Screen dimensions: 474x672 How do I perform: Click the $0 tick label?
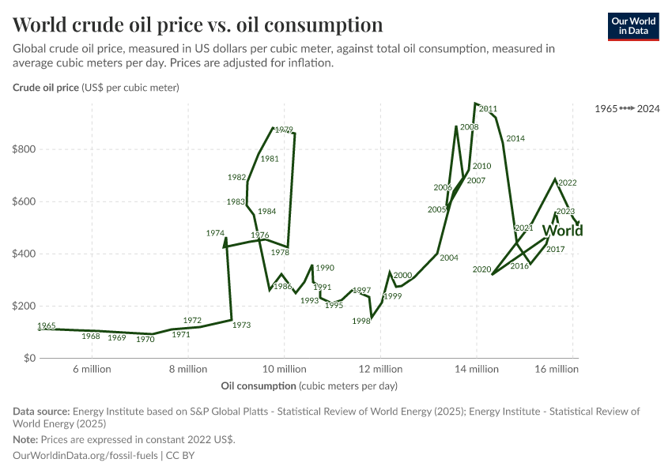30,358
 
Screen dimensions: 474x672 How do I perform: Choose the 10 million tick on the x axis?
284,369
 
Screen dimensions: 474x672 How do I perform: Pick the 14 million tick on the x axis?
477,369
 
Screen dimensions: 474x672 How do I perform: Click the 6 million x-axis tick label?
92,369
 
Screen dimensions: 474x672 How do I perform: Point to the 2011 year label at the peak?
488,109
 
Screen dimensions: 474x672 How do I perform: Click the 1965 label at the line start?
47,325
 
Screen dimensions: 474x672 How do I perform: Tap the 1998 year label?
362,321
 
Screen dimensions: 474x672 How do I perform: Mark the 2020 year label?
482,269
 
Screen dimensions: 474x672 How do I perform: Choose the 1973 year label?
242,325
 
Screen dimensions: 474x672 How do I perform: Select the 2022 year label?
567,182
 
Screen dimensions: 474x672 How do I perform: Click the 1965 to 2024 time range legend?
628,107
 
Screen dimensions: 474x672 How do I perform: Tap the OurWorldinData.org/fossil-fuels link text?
86,456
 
